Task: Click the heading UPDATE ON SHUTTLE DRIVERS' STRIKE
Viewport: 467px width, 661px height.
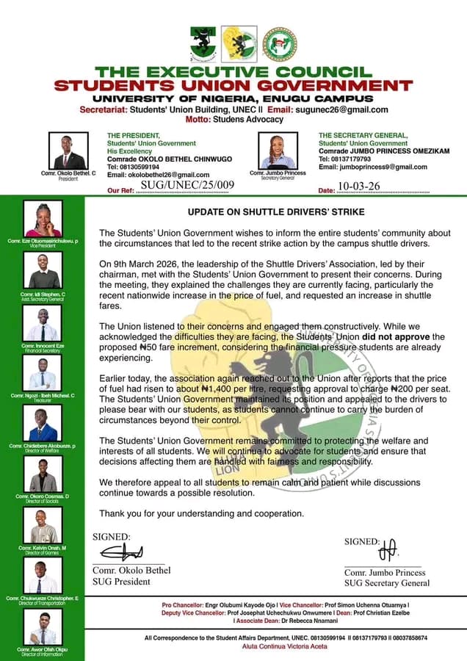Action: (x=276, y=212)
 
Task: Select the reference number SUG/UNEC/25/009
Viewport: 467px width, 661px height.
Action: (x=187, y=185)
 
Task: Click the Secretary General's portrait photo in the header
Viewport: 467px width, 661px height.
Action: (x=278, y=151)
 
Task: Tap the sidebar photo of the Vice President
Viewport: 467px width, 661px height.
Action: (x=43, y=220)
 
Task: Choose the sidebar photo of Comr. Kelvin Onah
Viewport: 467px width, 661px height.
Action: (x=43, y=526)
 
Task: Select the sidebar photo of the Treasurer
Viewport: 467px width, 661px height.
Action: (x=43, y=375)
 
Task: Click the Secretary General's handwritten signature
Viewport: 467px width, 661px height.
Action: (x=388, y=548)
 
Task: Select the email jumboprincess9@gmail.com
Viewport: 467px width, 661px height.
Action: (x=374, y=167)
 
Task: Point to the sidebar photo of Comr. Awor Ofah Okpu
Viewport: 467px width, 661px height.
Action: (x=43, y=629)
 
